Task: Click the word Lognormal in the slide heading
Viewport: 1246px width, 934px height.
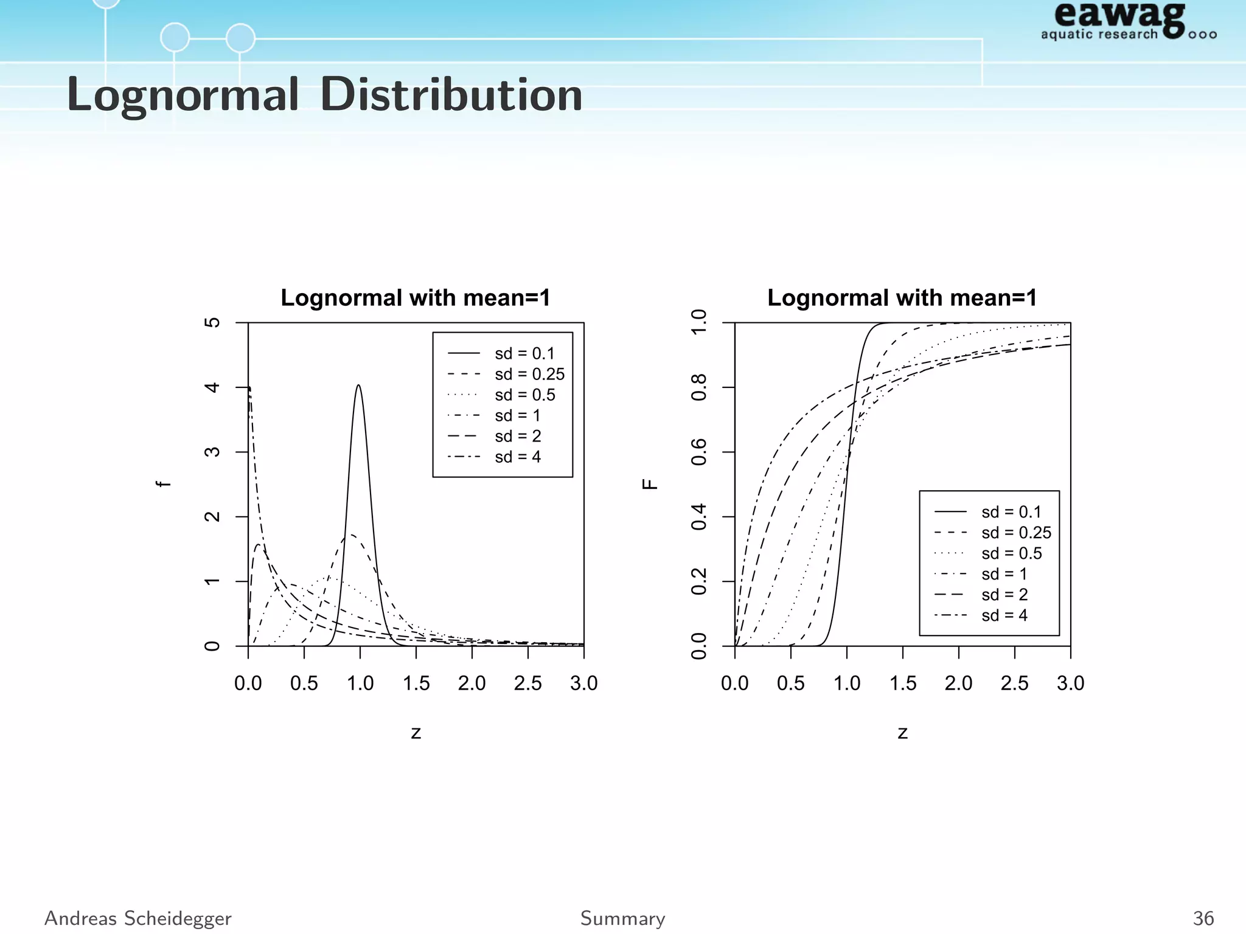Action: click(x=183, y=95)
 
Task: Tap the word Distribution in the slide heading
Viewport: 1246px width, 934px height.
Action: click(x=451, y=95)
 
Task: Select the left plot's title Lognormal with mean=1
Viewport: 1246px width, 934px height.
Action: click(x=416, y=298)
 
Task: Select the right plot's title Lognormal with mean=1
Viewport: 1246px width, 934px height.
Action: click(x=902, y=298)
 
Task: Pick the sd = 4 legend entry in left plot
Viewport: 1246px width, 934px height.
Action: click(x=518, y=457)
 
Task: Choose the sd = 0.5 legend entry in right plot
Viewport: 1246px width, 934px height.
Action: click(x=1011, y=553)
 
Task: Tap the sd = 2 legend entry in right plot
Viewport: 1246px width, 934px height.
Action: click(x=1004, y=595)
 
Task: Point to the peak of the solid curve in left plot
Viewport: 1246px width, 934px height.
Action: click(x=358, y=386)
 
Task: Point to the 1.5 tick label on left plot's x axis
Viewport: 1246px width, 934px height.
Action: click(x=416, y=683)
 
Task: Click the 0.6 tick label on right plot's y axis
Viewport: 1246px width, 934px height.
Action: click(x=699, y=452)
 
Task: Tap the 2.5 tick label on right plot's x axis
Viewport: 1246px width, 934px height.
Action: click(x=1014, y=683)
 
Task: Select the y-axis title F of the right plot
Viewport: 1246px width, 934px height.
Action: click(x=650, y=484)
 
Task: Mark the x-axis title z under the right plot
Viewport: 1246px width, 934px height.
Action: click(x=902, y=733)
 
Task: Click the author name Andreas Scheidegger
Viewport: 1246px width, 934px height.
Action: click(x=138, y=918)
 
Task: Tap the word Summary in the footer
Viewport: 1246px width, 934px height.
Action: click(x=622, y=918)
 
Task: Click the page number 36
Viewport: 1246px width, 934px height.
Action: click(x=1203, y=918)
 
